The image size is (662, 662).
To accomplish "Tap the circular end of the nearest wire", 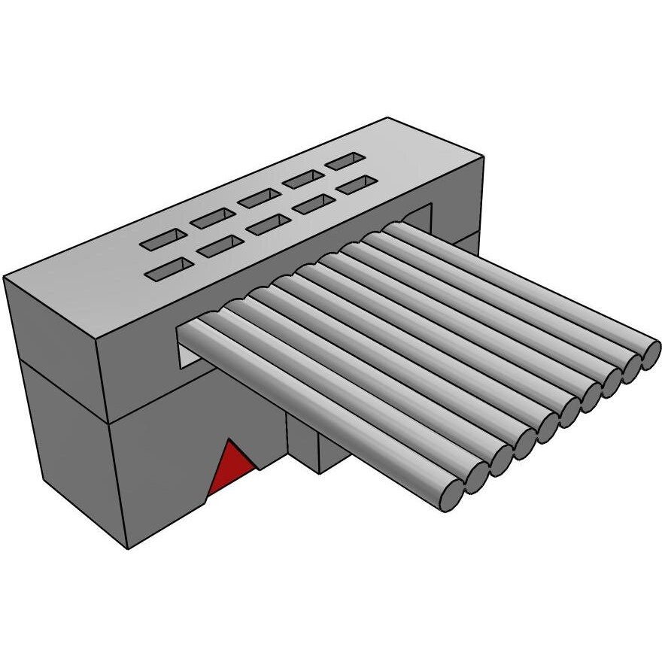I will [x=451, y=493].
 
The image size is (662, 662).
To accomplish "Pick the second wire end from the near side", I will [x=476, y=475].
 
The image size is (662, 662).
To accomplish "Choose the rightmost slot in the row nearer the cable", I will [x=356, y=184].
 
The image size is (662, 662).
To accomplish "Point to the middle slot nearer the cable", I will [x=267, y=224].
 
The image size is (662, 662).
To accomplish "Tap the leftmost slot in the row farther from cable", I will [x=165, y=239].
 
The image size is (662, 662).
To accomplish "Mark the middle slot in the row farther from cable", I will [x=260, y=198].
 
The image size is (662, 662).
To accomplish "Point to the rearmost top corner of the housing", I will [x=388, y=118].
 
